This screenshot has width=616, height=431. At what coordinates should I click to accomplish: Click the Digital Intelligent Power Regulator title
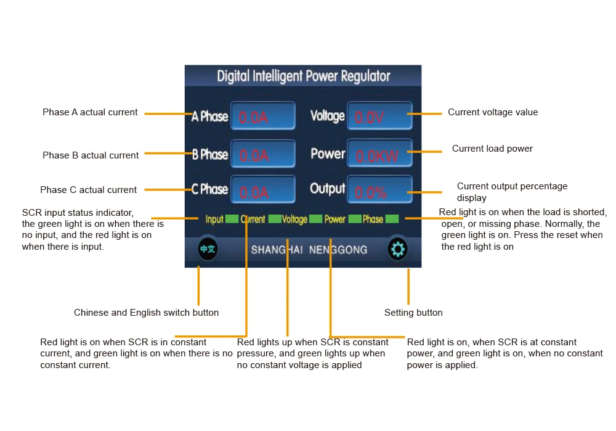tap(303, 76)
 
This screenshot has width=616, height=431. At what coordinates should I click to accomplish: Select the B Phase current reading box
tap(263, 154)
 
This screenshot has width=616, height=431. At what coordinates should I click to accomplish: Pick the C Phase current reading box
tap(263, 189)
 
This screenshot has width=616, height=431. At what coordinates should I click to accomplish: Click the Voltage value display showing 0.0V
tap(379, 116)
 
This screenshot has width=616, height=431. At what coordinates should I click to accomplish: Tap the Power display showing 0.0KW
tap(379, 153)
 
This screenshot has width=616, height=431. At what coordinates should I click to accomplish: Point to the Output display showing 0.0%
tap(379, 189)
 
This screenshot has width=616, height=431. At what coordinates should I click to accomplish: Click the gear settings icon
tap(397, 249)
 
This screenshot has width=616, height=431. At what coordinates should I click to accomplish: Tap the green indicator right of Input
tap(232, 219)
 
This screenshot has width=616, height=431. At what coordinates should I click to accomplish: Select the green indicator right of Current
tap(275, 219)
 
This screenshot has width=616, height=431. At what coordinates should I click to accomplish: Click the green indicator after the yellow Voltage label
tap(315, 219)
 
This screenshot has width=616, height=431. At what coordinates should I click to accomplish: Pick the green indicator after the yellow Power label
tap(355, 219)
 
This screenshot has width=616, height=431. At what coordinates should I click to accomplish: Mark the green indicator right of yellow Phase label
tap(392, 219)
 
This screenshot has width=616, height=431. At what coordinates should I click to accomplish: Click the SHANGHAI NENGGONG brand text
tap(309, 250)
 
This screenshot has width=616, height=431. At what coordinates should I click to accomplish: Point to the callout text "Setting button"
tap(413, 313)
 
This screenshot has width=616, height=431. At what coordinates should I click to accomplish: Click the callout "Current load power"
tap(492, 149)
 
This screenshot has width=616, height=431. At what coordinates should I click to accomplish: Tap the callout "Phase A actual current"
tap(90, 112)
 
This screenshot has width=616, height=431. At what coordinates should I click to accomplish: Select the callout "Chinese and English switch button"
tap(146, 313)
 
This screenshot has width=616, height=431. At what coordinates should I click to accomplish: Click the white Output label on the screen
tap(328, 188)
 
